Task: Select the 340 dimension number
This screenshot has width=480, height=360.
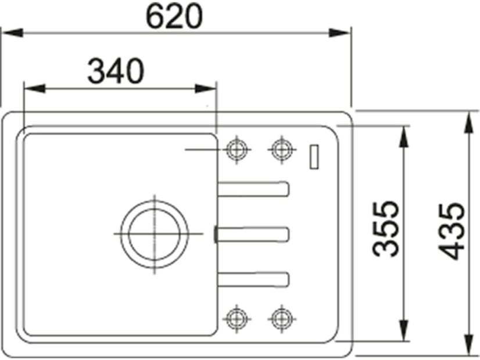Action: coord(115,71)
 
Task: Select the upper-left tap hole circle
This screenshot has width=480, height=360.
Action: coord(235,149)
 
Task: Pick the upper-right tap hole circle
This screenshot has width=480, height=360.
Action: coord(281,149)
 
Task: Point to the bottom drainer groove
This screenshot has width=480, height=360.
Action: coord(254,278)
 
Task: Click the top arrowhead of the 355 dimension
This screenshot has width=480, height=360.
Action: coord(403,135)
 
